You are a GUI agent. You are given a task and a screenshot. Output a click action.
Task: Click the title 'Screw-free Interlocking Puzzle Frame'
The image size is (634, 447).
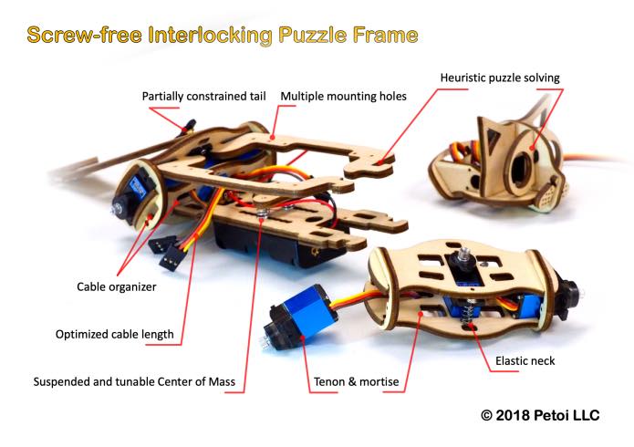pos(223,36)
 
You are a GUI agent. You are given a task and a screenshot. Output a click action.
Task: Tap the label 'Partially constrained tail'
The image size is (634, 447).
pos(203,97)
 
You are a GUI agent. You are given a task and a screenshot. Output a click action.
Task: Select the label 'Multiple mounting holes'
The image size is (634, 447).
pos(343,97)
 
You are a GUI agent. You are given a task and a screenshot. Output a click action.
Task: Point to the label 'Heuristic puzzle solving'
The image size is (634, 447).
pos(500,78)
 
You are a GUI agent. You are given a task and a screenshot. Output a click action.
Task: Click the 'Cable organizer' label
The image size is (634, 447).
pos(117,286)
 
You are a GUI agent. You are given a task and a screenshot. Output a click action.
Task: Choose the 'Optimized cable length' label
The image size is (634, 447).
pos(114,335)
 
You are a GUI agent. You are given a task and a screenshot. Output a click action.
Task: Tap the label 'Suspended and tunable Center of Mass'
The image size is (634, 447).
pos(134,382)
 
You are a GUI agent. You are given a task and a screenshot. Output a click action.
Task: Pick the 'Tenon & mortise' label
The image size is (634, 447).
pos(356,382)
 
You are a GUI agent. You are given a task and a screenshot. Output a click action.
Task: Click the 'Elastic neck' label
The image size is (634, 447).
pos(525,361)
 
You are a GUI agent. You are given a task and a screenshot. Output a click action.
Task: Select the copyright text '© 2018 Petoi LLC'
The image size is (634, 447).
pos(540,415)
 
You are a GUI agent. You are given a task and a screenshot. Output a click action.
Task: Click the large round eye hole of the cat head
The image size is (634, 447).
pos(520,168)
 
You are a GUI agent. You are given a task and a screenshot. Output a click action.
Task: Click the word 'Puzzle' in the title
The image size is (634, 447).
pos(313,36)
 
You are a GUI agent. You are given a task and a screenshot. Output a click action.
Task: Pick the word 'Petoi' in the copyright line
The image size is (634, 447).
pos(551,415)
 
